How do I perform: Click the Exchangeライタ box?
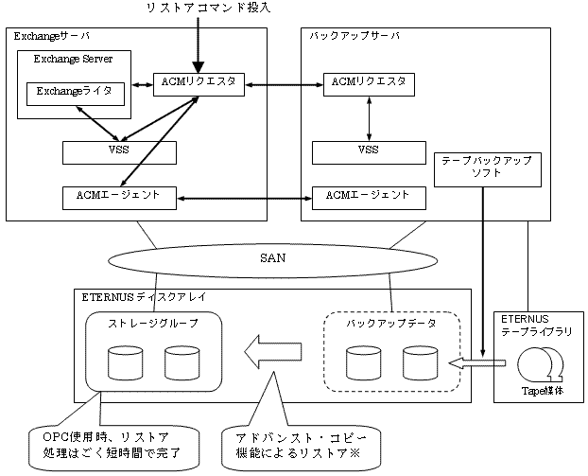coord(76,94)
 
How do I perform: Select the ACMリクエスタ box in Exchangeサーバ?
coord(199,84)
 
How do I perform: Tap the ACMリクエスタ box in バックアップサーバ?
coord(369,84)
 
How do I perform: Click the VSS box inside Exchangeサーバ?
coord(119,152)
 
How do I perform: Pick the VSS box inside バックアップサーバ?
coord(369,152)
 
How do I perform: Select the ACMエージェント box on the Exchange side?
coord(119,198)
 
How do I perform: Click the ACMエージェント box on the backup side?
coord(369,198)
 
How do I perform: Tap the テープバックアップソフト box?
coord(488,169)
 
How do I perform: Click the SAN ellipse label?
coord(272,258)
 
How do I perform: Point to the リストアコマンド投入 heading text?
coord(209,8)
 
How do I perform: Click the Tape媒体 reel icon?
coord(541,364)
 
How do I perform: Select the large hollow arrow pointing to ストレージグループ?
coord(273,352)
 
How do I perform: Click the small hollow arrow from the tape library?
coord(477,363)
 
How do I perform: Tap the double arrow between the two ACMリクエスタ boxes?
coord(284,85)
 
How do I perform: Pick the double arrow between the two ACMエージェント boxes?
coord(244,198)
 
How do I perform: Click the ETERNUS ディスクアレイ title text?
coord(144,297)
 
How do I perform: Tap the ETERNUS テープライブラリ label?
coord(537,326)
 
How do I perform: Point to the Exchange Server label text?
coord(73,59)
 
